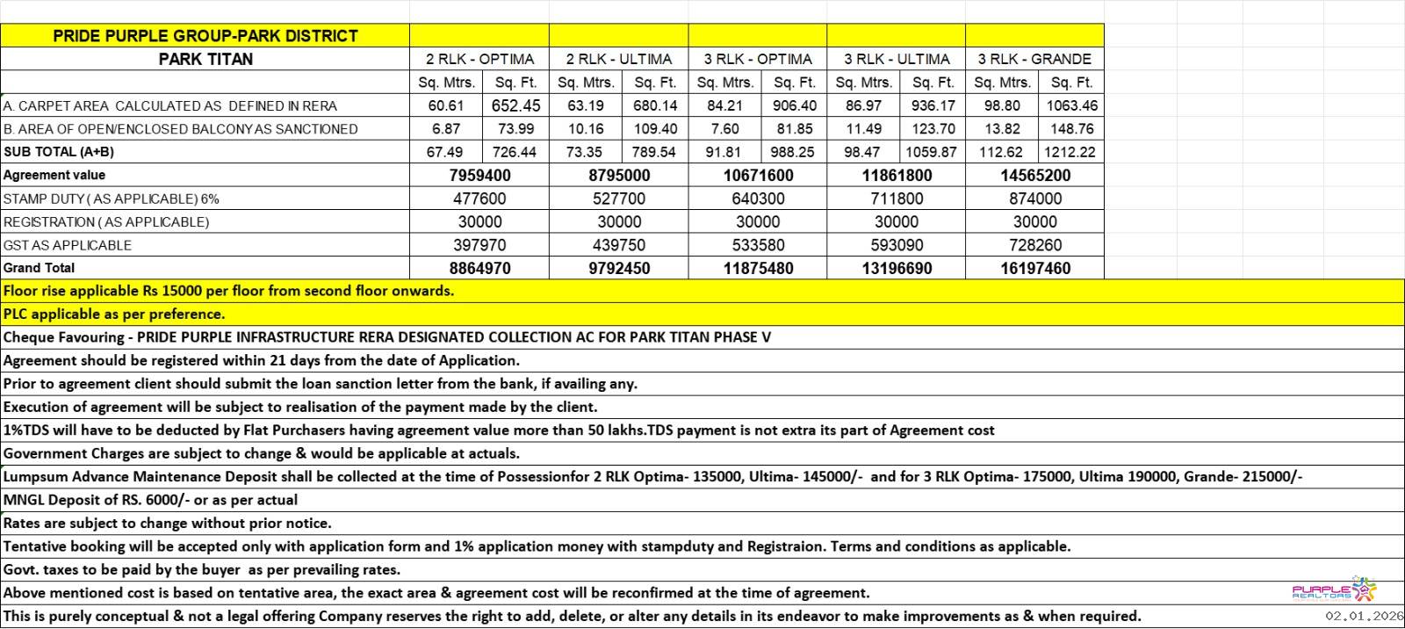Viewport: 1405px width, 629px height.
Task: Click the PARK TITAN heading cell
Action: click(x=205, y=59)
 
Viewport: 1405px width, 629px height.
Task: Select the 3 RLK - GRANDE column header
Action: click(x=1034, y=59)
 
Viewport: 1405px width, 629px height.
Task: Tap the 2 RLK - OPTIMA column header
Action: click(x=479, y=59)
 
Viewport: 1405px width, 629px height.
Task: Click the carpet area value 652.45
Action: click(x=515, y=105)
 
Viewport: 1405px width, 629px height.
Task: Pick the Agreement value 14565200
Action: click(x=1035, y=175)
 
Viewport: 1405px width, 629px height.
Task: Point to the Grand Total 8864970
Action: click(x=479, y=268)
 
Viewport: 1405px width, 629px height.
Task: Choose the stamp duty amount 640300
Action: click(x=758, y=199)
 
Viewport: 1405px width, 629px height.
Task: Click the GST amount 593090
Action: click(x=897, y=245)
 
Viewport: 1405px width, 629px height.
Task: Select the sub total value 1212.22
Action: click(x=1070, y=152)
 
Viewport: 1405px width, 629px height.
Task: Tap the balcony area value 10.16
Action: click(x=586, y=128)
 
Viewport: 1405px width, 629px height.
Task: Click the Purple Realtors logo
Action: click(x=1334, y=589)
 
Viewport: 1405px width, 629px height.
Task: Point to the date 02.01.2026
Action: click(x=1364, y=617)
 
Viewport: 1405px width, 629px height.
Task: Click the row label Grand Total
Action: click(x=40, y=268)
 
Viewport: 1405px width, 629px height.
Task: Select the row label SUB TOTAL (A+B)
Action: click(x=59, y=152)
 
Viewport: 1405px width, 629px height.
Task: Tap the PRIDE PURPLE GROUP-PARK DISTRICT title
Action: click(x=205, y=36)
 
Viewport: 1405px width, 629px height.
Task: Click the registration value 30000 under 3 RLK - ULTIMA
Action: click(x=897, y=221)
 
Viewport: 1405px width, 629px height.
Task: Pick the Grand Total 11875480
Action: click(x=758, y=268)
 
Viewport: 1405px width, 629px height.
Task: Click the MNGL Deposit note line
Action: click(x=151, y=500)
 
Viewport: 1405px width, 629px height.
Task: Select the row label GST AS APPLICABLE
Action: click(x=68, y=245)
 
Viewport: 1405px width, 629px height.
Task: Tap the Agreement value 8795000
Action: click(x=619, y=175)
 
